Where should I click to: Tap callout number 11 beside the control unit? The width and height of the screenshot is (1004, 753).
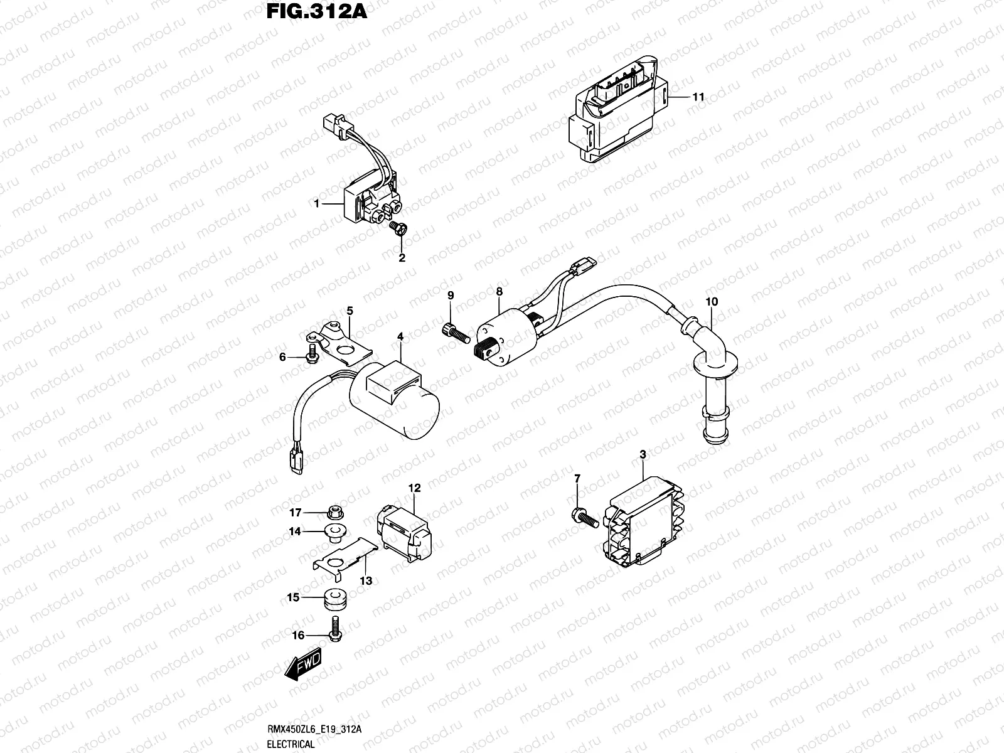698,97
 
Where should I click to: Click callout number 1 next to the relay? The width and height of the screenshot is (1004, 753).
318,203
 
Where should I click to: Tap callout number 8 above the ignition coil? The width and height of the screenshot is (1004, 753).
499,292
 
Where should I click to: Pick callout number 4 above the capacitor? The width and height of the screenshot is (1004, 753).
400,337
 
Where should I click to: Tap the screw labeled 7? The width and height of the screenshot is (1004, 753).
583,518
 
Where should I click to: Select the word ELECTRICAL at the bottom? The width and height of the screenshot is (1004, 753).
291,745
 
